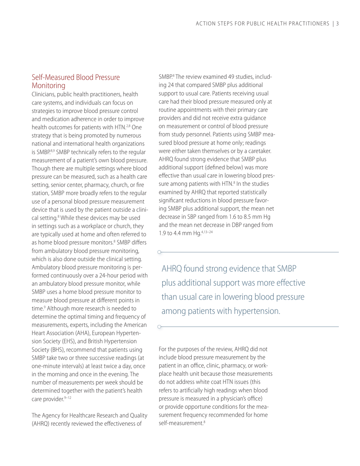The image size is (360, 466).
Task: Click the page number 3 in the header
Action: [x=337, y=24]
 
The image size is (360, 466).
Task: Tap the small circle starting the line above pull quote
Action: [x=160, y=252]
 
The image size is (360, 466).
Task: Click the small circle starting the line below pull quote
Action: [x=160, y=326]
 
